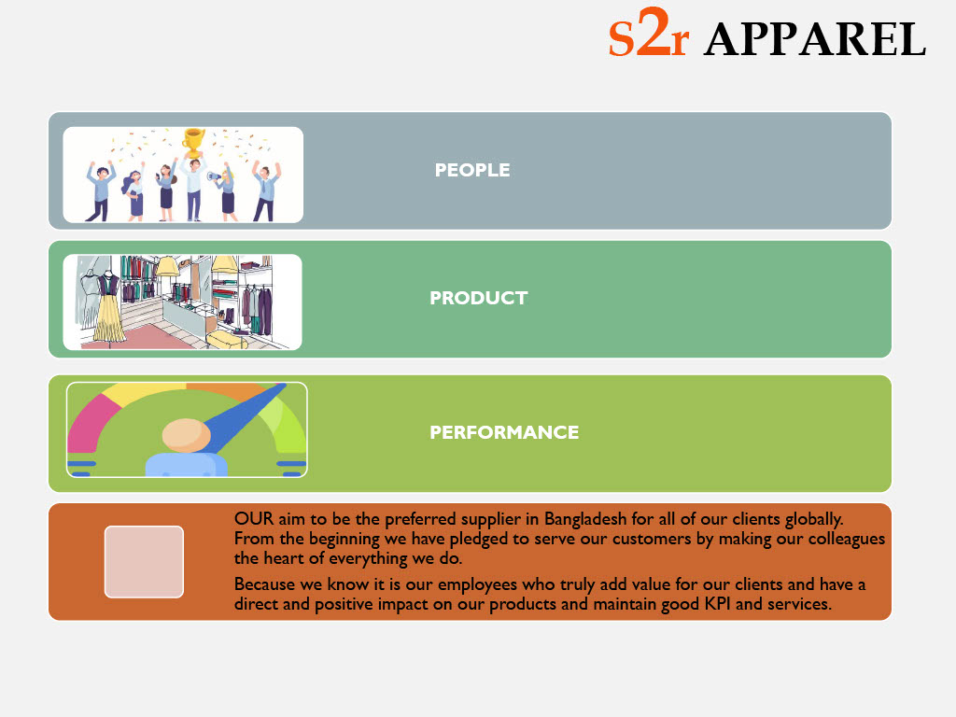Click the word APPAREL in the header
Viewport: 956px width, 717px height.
(815, 39)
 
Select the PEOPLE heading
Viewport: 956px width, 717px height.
(472, 170)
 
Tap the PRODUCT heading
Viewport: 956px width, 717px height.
(479, 298)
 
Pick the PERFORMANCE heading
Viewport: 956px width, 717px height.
(504, 432)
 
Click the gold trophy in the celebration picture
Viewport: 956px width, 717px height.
(194, 143)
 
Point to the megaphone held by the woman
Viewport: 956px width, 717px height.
(215, 176)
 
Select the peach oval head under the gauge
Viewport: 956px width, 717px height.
(187, 435)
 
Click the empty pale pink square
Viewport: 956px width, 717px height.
(144, 561)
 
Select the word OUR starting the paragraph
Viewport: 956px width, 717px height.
(254, 519)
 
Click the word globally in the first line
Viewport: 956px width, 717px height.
(814, 520)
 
